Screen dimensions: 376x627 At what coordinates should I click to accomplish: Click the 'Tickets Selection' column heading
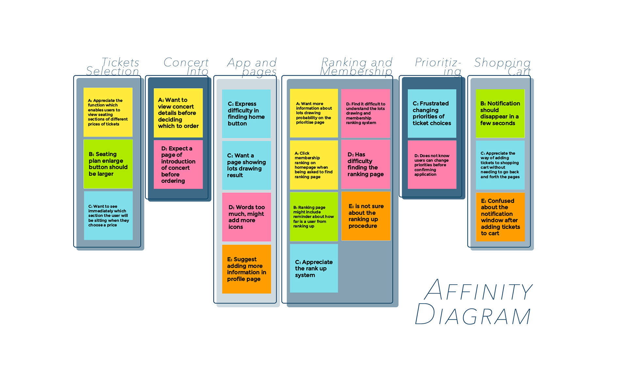coord(113,67)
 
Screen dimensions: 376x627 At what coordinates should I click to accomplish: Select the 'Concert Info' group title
coord(186,67)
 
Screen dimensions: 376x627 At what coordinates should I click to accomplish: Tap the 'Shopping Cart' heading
coord(503,67)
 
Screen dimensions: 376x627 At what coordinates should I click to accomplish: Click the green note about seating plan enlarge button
coord(108,164)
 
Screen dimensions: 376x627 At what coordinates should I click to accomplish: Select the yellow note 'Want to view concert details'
coord(178,113)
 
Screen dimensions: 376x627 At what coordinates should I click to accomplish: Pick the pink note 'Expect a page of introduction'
coord(178,164)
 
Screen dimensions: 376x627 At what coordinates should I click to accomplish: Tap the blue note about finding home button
coord(246,113)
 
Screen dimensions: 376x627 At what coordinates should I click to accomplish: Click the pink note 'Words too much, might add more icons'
coord(247,217)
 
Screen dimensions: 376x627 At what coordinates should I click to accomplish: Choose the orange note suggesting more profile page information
coord(247,269)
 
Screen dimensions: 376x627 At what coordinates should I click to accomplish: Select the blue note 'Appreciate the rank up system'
coord(314,268)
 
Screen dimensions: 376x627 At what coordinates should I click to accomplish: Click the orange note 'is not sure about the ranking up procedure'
coord(366,216)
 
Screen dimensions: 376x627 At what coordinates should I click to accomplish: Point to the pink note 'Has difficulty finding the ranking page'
coord(366,164)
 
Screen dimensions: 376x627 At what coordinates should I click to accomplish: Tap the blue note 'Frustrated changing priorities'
coord(432,113)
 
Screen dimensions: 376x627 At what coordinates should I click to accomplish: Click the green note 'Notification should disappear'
coord(500,113)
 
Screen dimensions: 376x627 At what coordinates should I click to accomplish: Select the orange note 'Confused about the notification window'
coord(500,217)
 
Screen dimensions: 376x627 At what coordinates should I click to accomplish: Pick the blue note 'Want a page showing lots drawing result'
coord(247,165)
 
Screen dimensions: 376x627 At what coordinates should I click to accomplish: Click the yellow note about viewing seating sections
coord(108,112)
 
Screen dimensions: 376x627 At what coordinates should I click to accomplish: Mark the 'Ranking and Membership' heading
coord(356,67)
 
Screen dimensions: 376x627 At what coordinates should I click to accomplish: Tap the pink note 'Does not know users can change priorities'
coord(432,165)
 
